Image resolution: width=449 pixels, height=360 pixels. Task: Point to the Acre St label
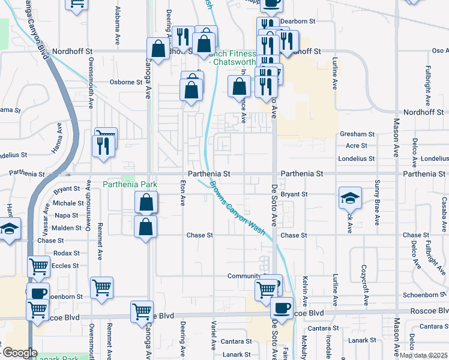coord(357,146)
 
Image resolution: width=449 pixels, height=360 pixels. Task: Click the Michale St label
coord(68,203)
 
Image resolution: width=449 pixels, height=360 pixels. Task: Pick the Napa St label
coord(67,215)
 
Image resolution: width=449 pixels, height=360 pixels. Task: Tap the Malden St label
coord(67,228)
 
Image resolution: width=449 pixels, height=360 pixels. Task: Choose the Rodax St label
coord(66,253)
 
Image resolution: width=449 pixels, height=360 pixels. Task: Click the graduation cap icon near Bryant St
coord(351,197)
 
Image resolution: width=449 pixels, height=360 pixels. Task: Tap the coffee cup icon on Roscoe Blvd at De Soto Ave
coord(281,307)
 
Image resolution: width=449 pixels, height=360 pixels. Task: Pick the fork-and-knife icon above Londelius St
coord(103,145)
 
